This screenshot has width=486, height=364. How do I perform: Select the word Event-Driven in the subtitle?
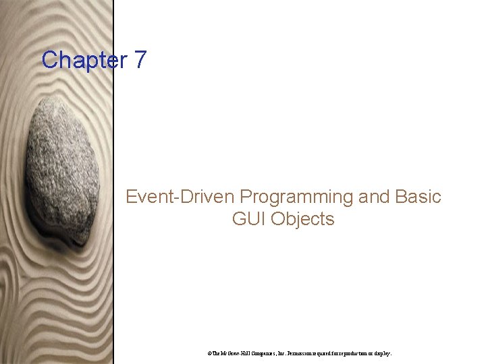pos(180,197)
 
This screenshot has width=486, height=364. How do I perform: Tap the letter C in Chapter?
pos(50,60)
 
